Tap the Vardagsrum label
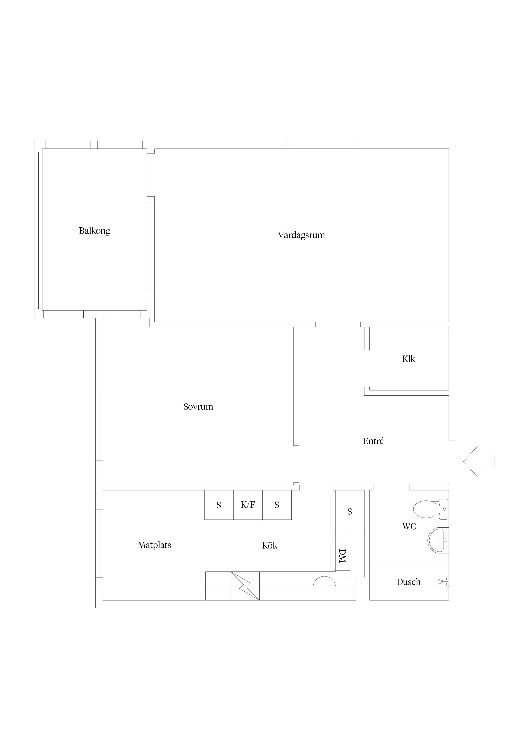(x=301, y=235)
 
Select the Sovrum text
(x=198, y=407)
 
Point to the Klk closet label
(x=408, y=359)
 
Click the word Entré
(x=373, y=441)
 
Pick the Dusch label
(x=408, y=582)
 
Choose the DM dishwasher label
(x=342, y=556)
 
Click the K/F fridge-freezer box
(x=248, y=505)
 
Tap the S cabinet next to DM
(x=350, y=512)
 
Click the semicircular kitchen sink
(x=324, y=581)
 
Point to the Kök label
(x=270, y=546)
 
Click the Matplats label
(x=154, y=545)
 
